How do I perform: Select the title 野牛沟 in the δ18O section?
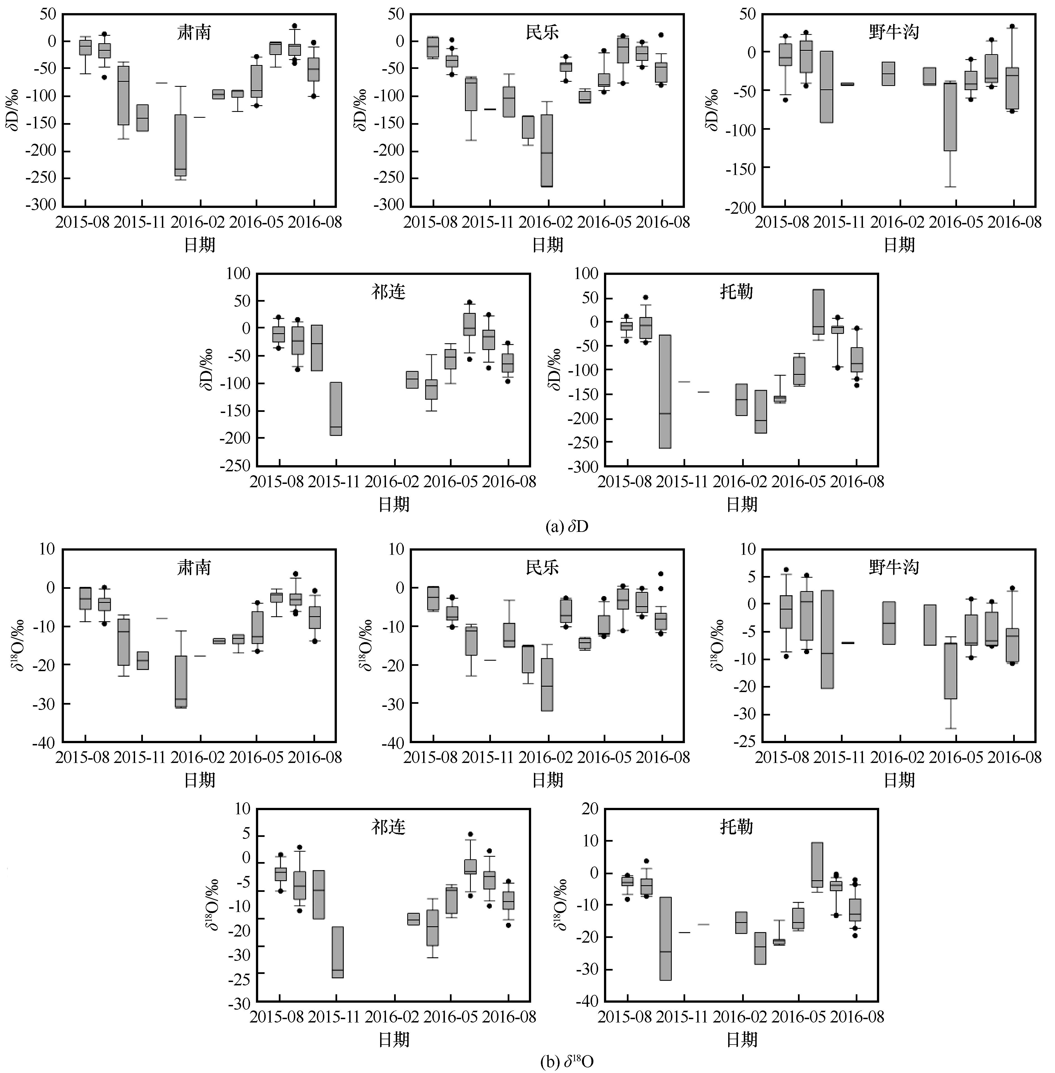point(893,567)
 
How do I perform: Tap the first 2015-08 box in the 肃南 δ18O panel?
point(85,598)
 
